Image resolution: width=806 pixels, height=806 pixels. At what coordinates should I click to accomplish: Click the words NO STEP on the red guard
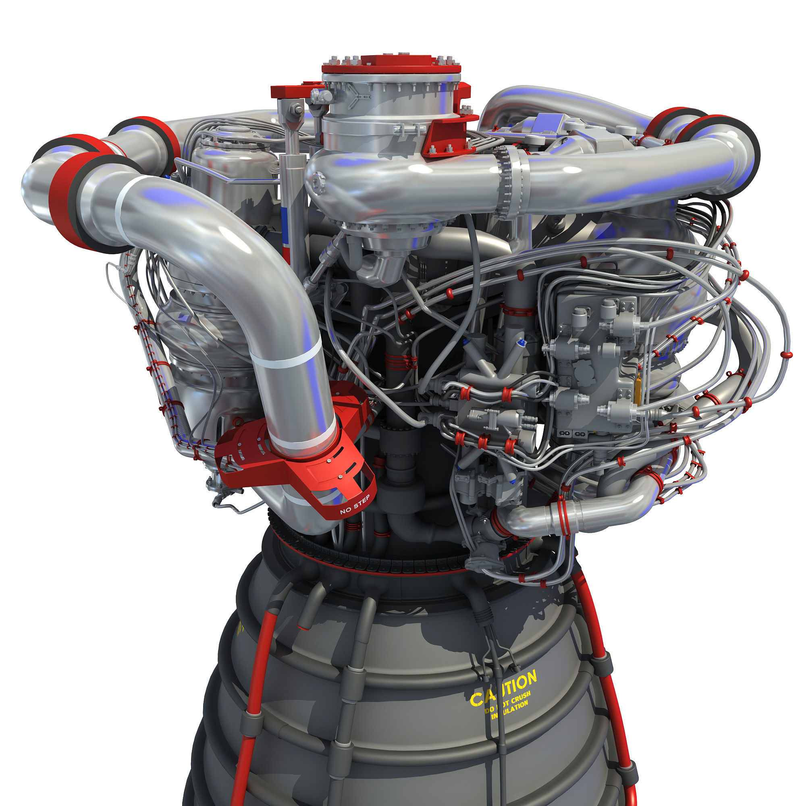pos(355,505)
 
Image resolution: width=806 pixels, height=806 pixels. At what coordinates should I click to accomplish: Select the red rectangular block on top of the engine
pos(391,62)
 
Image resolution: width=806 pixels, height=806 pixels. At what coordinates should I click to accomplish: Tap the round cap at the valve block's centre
pos(583,370)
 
